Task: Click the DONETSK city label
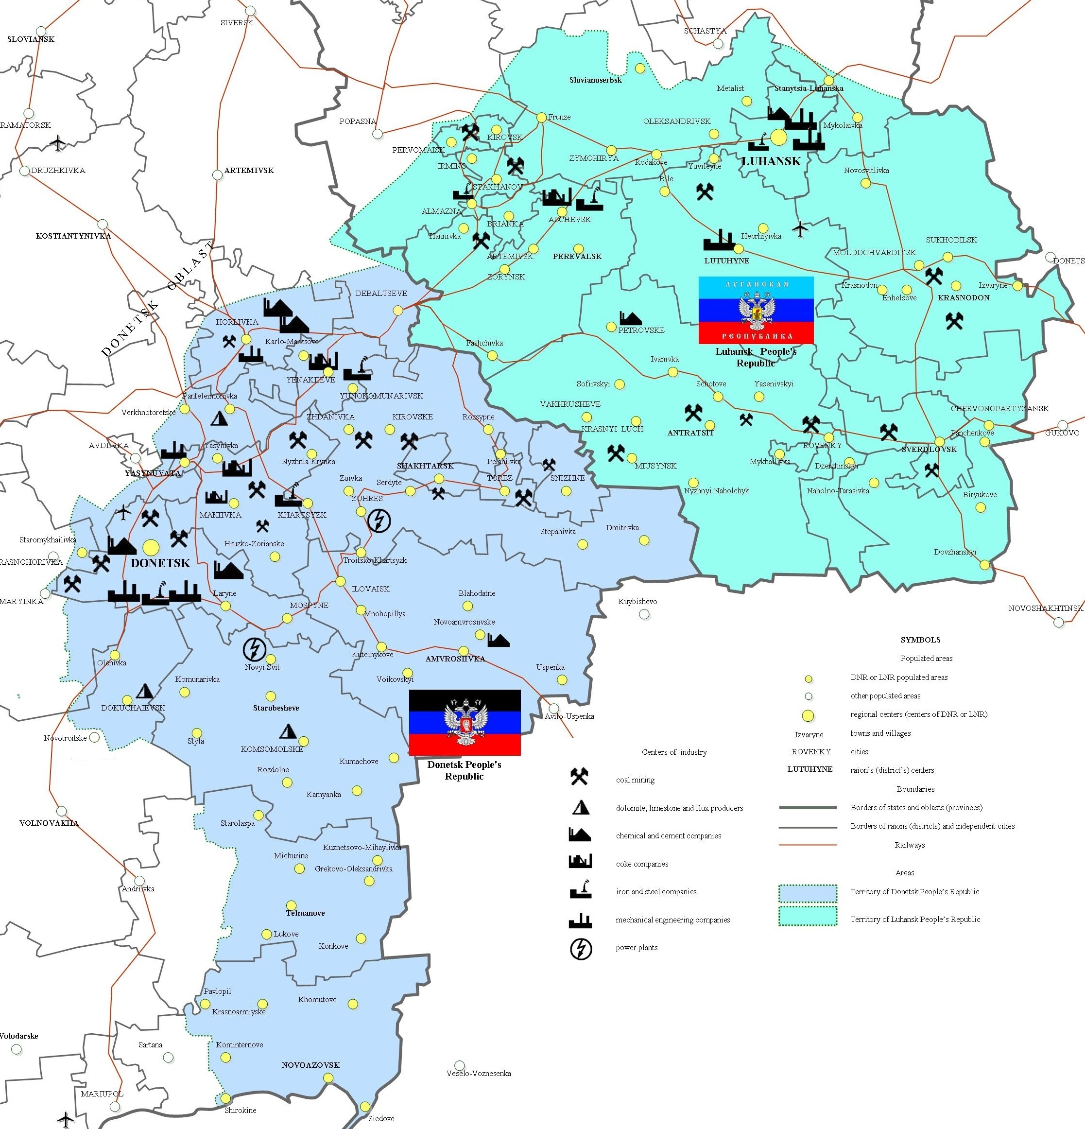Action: [x=160, y=563]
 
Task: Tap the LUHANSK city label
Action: [x=771, y=161]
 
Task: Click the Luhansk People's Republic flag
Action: [x=756, y=310]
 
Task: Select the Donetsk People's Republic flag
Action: [x=464, y=722]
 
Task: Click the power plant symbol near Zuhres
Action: [x=379, y=521]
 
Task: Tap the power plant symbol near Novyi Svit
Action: [x=254, y=649]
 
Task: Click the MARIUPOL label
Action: [x=102, y=1094]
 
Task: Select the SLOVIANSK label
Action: [x=31, y=39]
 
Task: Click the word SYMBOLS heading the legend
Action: [x=920, y=640]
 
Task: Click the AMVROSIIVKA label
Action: [x=455, y=659]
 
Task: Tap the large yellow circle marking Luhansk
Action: [x=778, y=137]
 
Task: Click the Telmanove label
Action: [x=305, y=913]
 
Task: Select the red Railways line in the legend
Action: [x=808, y=845]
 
